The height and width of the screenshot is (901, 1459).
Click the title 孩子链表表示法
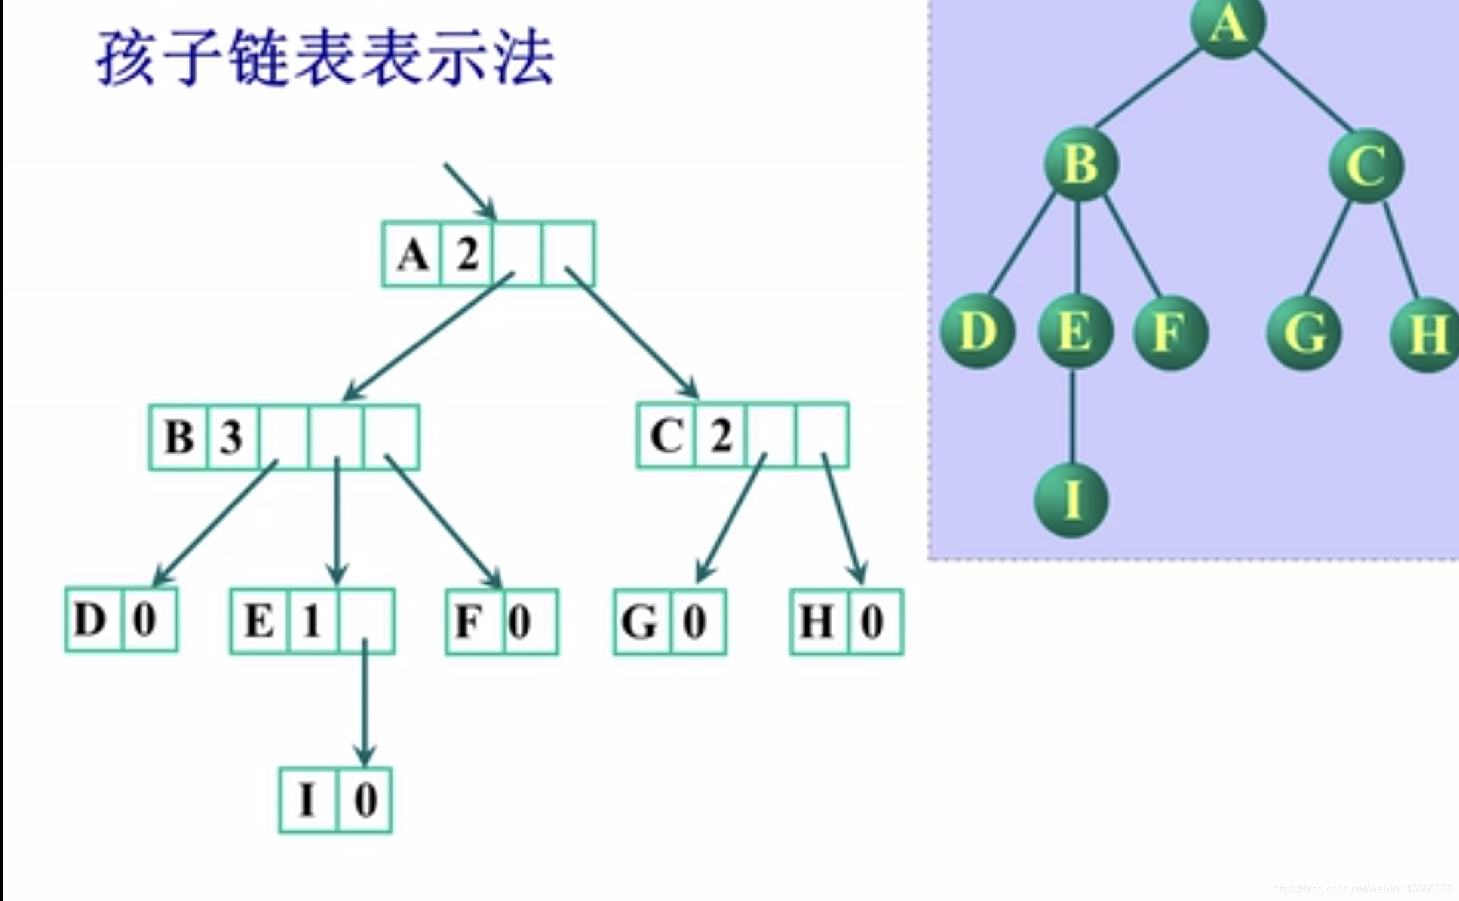pos(325,58)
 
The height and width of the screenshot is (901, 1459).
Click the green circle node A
pos(1228,25)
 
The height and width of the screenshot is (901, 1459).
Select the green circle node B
pos(1081,164)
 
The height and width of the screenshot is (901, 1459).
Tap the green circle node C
pos(1366,166)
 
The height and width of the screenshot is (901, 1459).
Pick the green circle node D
pos(978,331)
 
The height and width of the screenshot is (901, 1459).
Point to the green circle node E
pos(1076,331)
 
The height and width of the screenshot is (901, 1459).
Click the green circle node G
pos(1304,333)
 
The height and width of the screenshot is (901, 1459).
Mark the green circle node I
pos(1071,500)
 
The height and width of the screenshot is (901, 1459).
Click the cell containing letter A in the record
pos(413,254)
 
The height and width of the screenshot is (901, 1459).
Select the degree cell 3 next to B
pos(232,437)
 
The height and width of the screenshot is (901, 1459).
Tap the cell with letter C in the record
pos(666,436)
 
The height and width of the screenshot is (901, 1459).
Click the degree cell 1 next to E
pos(313,621)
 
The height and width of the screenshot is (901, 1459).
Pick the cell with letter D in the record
pos(93,620)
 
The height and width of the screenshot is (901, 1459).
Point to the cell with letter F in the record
pos(474,622)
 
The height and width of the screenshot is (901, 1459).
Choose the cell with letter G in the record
pos(642,622)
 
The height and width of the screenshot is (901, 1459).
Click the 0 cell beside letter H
pos(874,622)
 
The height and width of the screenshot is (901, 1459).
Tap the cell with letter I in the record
pos(308,800)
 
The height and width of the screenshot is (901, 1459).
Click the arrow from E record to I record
pos(364,702)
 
